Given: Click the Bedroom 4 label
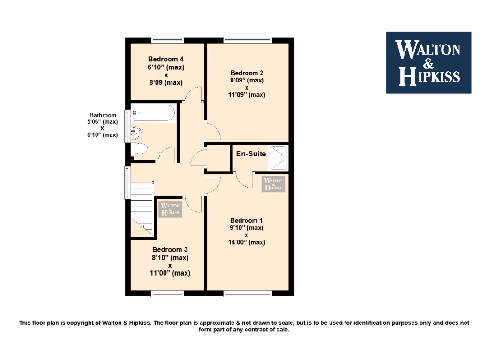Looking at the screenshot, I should tap(165, 59).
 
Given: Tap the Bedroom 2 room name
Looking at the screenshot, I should tap(247, 73).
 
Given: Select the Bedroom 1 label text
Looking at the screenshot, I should tap(247, 220).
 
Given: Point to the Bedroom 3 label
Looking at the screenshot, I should tap(170, 250).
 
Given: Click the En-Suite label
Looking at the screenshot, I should tap(251, 154).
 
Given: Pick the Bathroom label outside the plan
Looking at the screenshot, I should tap(103, 115).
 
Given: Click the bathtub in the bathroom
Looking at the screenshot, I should tap(154, 113).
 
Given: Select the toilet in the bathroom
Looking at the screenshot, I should tap(140, 150).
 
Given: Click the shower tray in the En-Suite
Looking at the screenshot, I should tap(278, 157).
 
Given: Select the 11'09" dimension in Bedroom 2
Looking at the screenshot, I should tap(247, 95).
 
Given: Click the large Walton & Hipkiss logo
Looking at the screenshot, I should tap(428, 63).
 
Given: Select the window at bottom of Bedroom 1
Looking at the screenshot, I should tap(247, 294).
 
